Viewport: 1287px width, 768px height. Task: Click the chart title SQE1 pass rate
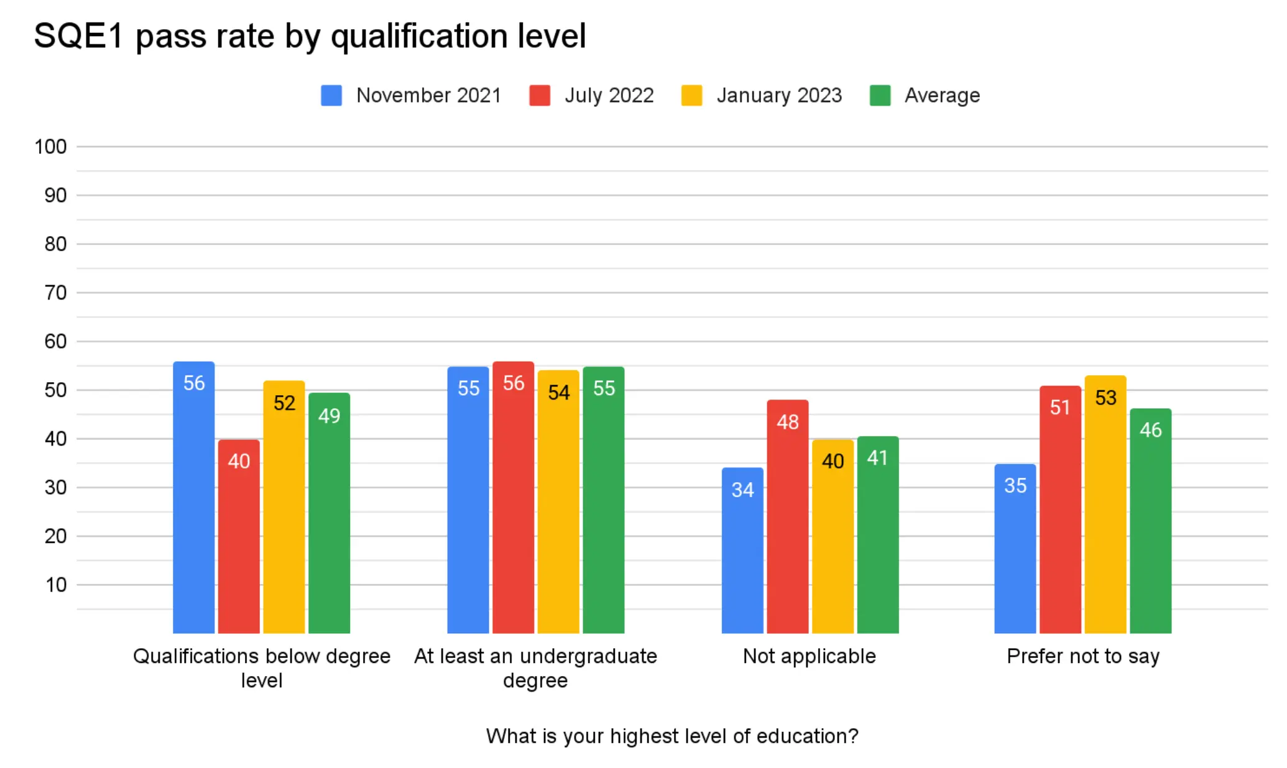click(x=310, y=36)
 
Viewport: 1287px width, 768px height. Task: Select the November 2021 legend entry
click(x=411, y=96)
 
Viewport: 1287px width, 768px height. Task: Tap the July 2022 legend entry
click(x=591, y=96)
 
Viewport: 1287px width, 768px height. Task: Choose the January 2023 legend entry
click(x=762, y=96)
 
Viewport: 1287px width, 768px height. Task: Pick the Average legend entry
click(x=925, y=96)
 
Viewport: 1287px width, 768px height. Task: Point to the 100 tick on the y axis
click(x=50, y=147)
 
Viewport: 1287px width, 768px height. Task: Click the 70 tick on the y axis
click(x=55, y=293)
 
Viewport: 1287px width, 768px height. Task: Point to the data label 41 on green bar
click(x=877, y=458)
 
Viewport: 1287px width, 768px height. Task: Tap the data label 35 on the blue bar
click(x=1015, y=485)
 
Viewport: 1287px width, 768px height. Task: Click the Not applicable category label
click(x=809, y=656)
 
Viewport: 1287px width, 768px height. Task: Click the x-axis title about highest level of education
click(x=671, y=736)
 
